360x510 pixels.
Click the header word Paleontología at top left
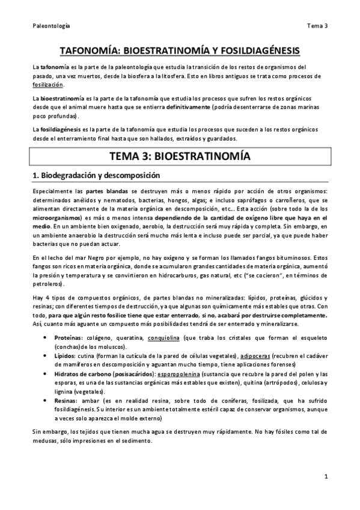[51, 26]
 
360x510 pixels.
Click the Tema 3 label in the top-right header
[317, 26]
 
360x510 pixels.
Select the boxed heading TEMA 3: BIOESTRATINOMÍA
[180, 156]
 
